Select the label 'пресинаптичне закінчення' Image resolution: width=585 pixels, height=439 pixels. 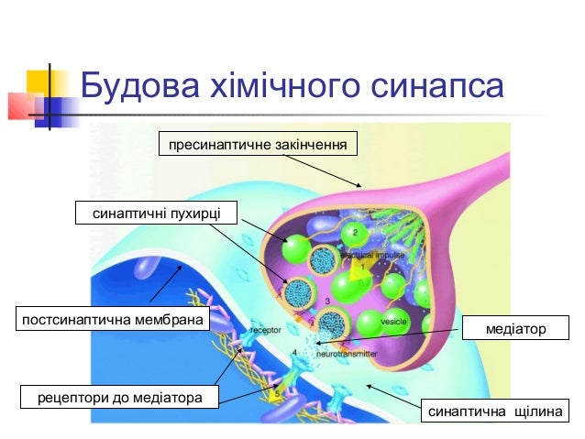pyautogui.click(x=258, y=145)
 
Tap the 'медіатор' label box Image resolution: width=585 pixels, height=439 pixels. pyautogui.click(x=516, y=328)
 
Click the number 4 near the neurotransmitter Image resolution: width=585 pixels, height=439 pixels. pyautogui.click(x=294, y=351)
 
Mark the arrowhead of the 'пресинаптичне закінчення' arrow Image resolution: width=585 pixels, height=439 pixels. pyautogui.click(x=359, y=185)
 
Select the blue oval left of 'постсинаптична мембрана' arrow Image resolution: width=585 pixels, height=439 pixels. pyautogui.click(x=146, y=269)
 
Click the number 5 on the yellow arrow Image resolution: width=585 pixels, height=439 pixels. pyautogui.click(x=280, y=392)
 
